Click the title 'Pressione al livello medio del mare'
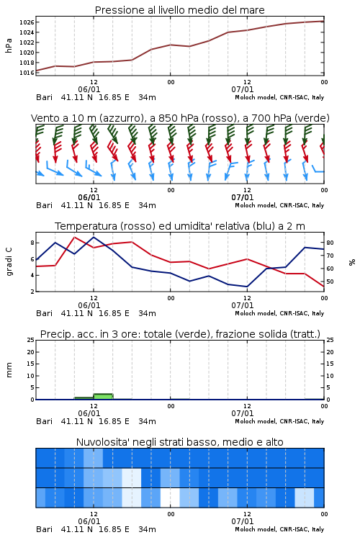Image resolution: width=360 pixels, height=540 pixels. point(179,10)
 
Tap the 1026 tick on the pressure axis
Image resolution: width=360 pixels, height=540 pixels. point(27,22)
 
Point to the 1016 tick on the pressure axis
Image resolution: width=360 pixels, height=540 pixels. point(27,73)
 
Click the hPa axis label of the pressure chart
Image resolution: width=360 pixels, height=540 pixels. point(9,45)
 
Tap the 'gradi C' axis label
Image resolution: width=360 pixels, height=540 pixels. point(9,261)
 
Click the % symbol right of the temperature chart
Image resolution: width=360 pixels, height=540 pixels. point(352,262)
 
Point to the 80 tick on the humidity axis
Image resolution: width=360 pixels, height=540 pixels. point(330,243)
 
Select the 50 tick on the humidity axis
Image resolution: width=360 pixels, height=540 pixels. point(330,282)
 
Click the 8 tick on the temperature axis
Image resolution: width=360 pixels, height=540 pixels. point(32,243)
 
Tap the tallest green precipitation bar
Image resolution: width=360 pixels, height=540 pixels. point(104,397)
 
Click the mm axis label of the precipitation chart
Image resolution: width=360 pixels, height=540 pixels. point(9,369)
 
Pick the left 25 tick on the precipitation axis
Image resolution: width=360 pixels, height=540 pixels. point(31,340)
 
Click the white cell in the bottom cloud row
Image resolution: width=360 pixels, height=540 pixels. point(170,498)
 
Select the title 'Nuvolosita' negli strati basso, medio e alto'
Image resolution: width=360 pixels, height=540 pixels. point(179,442)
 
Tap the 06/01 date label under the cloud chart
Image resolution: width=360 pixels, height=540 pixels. point(89,521)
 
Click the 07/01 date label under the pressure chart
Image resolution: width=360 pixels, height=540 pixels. point(243,89)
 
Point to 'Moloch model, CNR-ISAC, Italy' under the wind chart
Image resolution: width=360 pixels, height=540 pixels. point(279,205)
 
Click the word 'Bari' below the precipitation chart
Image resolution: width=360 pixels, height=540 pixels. point(44,421)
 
